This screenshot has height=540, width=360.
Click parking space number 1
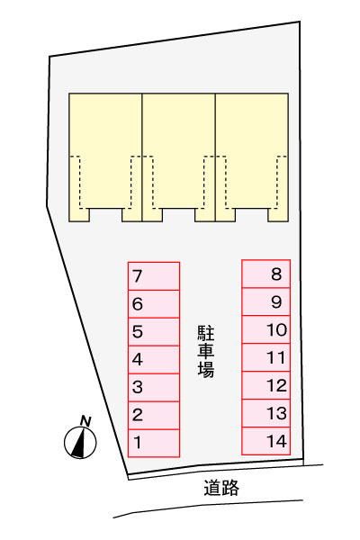tap(154, 443)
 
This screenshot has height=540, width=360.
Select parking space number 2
tap(154, 415)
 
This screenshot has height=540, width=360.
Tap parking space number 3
tap(154, 387)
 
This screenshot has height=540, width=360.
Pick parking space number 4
tap(154, 359)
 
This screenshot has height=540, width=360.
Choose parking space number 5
tap(154, 331)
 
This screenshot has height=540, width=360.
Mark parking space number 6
tap(154, 304)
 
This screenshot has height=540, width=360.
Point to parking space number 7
tap(154, 276)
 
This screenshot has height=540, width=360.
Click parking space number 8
tap(266, 274)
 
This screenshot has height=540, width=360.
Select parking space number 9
tap(266, 301)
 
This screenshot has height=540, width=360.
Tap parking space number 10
tap(266, 329)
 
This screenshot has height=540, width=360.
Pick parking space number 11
tap(266, 357)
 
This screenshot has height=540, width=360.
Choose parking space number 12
tap(266, 385)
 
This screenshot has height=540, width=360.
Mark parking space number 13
tap(266, 413)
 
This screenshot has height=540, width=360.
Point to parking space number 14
tap(266, 441)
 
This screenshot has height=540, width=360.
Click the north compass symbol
tap(80, 443)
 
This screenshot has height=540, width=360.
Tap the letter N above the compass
tap(85, 421)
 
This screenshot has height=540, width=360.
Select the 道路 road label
tap(221, 488)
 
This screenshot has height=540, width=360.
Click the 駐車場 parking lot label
tap(206, 351)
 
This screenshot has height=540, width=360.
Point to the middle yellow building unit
tap(179, 157)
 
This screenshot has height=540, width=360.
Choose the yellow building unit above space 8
tap(252, 157)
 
